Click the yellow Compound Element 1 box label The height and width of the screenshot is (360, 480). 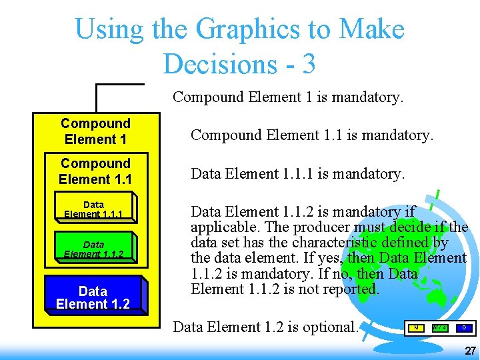(95, 131)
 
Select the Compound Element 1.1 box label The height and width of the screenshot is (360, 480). (95, 171)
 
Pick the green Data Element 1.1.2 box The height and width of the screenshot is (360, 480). (93, 249)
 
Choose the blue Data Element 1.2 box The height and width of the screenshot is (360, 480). (93, 297)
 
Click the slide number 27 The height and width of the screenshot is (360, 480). (470, 351)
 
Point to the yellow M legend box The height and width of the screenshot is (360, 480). (416, 327)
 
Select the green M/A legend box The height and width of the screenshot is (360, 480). (440, 327)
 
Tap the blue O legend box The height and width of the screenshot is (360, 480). (464, 327)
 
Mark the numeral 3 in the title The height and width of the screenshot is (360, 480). (308, 64)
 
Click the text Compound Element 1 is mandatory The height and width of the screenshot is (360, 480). (288, 97)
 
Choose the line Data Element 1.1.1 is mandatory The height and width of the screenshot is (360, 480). (297, 174)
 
